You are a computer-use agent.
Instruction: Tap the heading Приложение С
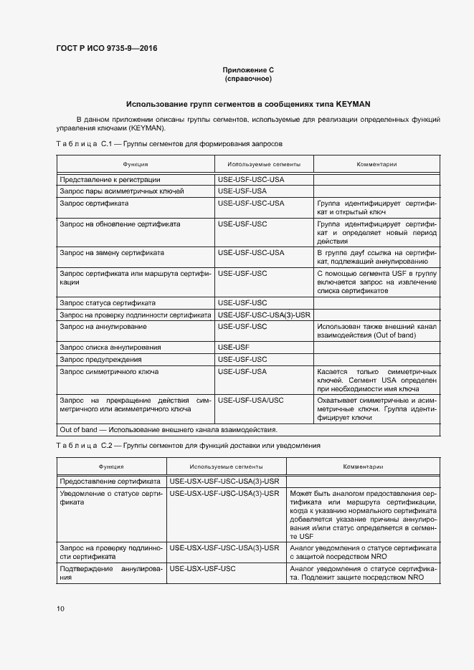click(x=248, y=70)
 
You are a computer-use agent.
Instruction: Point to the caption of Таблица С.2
click(x=188, y=445)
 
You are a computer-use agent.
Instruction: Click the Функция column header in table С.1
click(x=135, y=164)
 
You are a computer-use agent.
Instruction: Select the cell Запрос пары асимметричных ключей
click(x=121, y=191)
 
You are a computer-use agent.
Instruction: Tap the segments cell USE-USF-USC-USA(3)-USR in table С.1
click(x=263, y=315)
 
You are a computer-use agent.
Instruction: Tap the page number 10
click(x=60, y=609)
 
